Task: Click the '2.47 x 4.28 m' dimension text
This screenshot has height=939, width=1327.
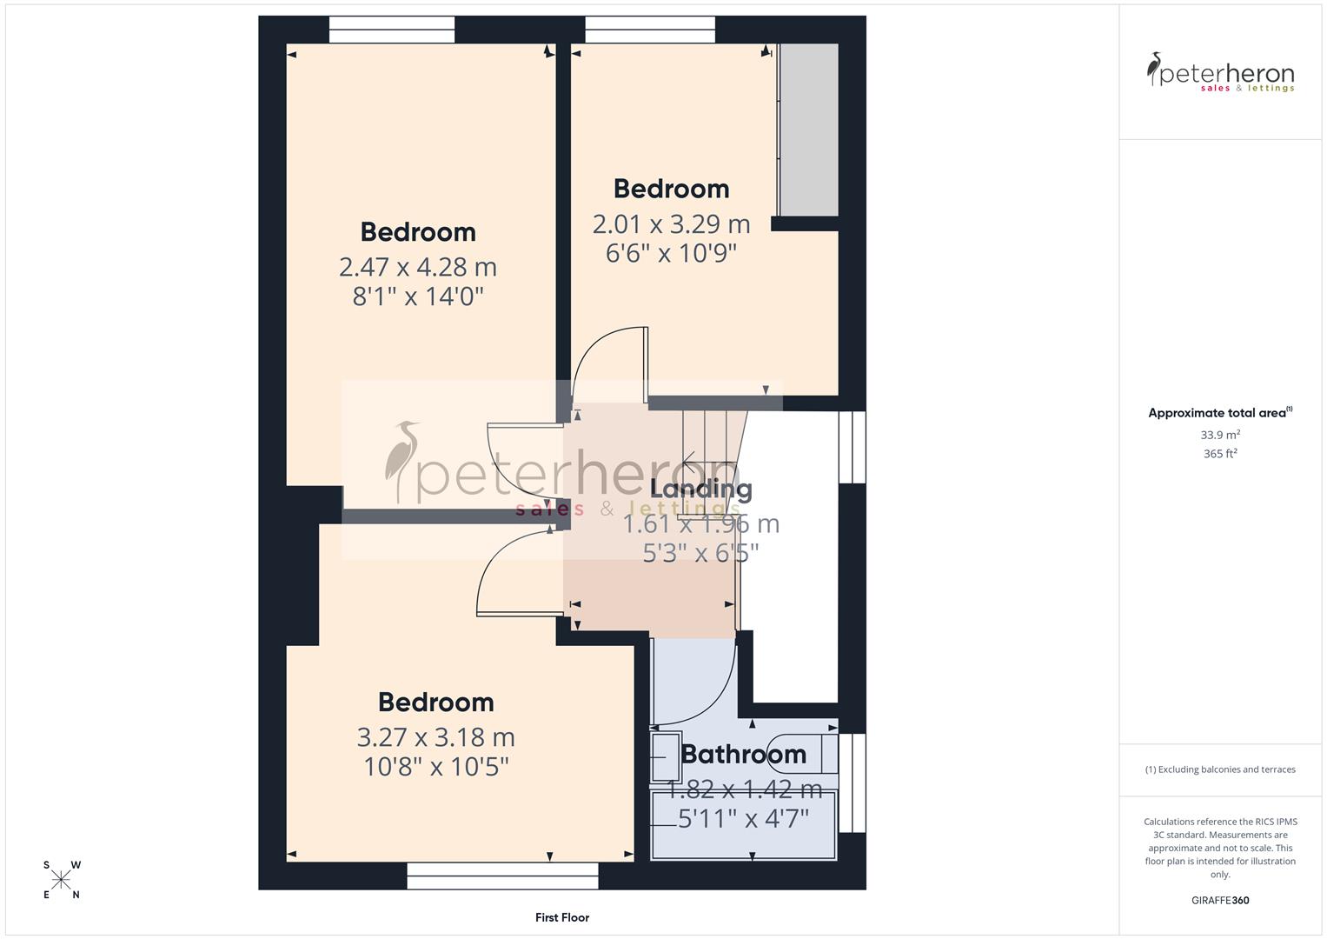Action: point(417,267)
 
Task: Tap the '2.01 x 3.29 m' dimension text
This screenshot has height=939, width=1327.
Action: point(671,224)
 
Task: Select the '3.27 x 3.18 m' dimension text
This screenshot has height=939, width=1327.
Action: point(435,737)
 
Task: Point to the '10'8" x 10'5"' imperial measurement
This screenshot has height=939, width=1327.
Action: point(435,767)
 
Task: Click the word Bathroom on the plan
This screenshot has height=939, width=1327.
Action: point(743,754)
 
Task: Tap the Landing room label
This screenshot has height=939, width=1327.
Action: point(700,489)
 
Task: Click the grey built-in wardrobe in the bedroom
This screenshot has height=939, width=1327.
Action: point(808,130)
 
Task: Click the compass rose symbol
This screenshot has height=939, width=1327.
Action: point(62,880)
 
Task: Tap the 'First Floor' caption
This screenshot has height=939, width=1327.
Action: point(562,917)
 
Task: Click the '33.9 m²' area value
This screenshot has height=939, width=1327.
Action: point(1220,435)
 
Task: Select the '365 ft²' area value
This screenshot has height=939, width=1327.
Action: point(1220,454)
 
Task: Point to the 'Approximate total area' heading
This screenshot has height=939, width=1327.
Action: point(1219,413)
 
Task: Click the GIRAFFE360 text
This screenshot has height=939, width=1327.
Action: point(1220,901)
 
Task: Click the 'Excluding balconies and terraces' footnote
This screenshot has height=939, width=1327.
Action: point(1220,769)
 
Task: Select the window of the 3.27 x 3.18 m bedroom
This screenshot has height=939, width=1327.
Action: point(502,876)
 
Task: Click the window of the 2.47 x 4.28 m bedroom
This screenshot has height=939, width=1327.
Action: point(392,30)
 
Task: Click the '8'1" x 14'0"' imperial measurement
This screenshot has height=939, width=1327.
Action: point(417,296)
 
